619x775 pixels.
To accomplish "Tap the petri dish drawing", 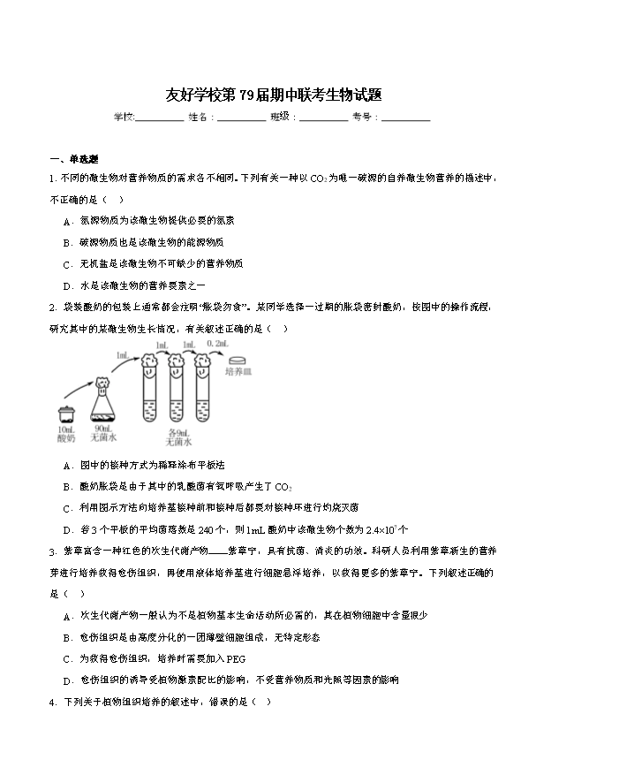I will coord(238,361).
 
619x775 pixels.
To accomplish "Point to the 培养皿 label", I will coord(238,372).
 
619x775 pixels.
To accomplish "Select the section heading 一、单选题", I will coord(74,159).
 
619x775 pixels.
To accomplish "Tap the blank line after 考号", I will coord(406,118).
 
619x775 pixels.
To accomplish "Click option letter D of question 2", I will coord(67,530).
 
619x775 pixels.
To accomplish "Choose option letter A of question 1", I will coord(67,220).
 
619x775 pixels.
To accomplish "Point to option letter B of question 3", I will coord(67,637).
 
